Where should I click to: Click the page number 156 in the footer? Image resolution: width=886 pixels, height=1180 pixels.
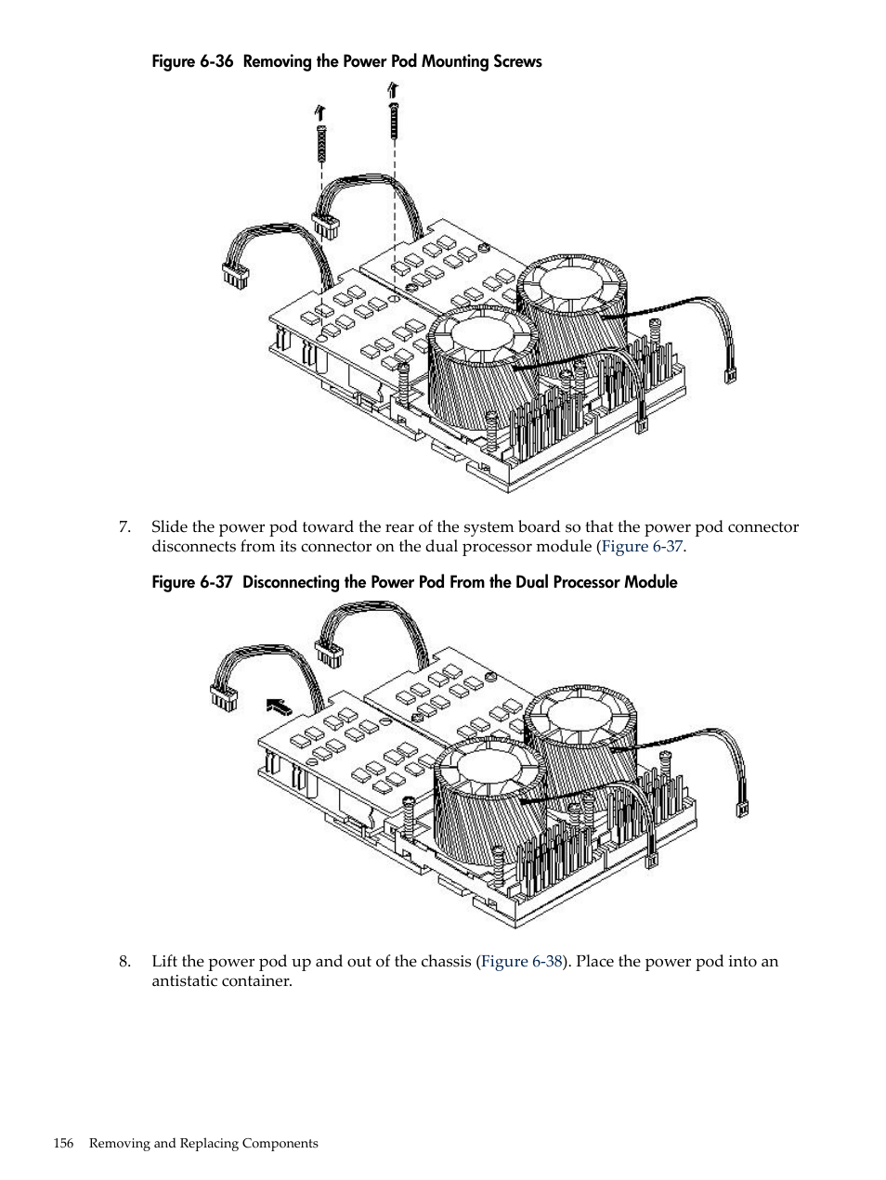(x=63, y=1144)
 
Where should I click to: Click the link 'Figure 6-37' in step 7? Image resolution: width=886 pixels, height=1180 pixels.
(x=642, y=546)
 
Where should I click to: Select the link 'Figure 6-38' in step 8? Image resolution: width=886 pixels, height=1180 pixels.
(x=522, y=962)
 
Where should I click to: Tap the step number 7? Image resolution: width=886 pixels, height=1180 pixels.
(x=124, y=527)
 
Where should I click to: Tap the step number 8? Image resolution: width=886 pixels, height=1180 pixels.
(x=124, y=962)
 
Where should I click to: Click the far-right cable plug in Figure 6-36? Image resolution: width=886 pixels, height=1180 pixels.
(x=730, y=375)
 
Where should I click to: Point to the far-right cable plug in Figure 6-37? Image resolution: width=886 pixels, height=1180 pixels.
(x=742, y=809)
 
